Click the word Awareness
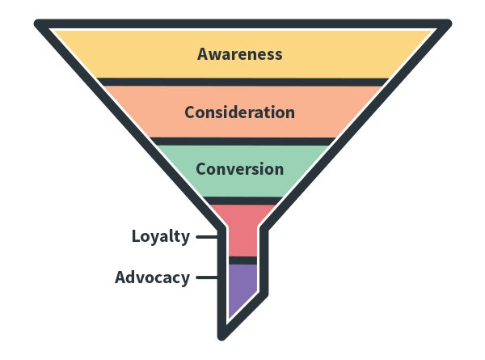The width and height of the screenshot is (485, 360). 240,54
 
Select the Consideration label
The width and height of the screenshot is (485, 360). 239,112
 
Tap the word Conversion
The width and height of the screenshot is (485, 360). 239,169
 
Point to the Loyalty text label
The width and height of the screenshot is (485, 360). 161,236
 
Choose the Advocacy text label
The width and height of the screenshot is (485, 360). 152,277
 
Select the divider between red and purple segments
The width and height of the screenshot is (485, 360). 242,260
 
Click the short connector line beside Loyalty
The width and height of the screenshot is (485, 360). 207,237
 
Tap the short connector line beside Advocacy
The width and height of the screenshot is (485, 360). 207,278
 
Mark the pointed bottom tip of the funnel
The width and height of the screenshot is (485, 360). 222,335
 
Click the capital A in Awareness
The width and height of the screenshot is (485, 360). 204,54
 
